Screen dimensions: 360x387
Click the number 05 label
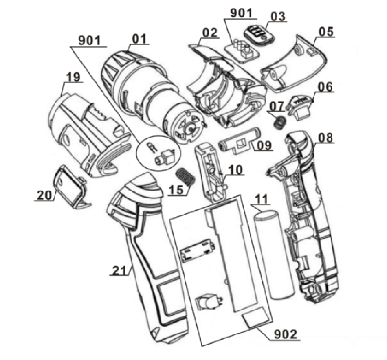[x=324, y=31]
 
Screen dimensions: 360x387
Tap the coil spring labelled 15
[x=186, y=177]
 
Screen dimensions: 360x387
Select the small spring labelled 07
[x=278, y=122]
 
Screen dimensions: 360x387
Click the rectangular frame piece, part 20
[x=70, y=186]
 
